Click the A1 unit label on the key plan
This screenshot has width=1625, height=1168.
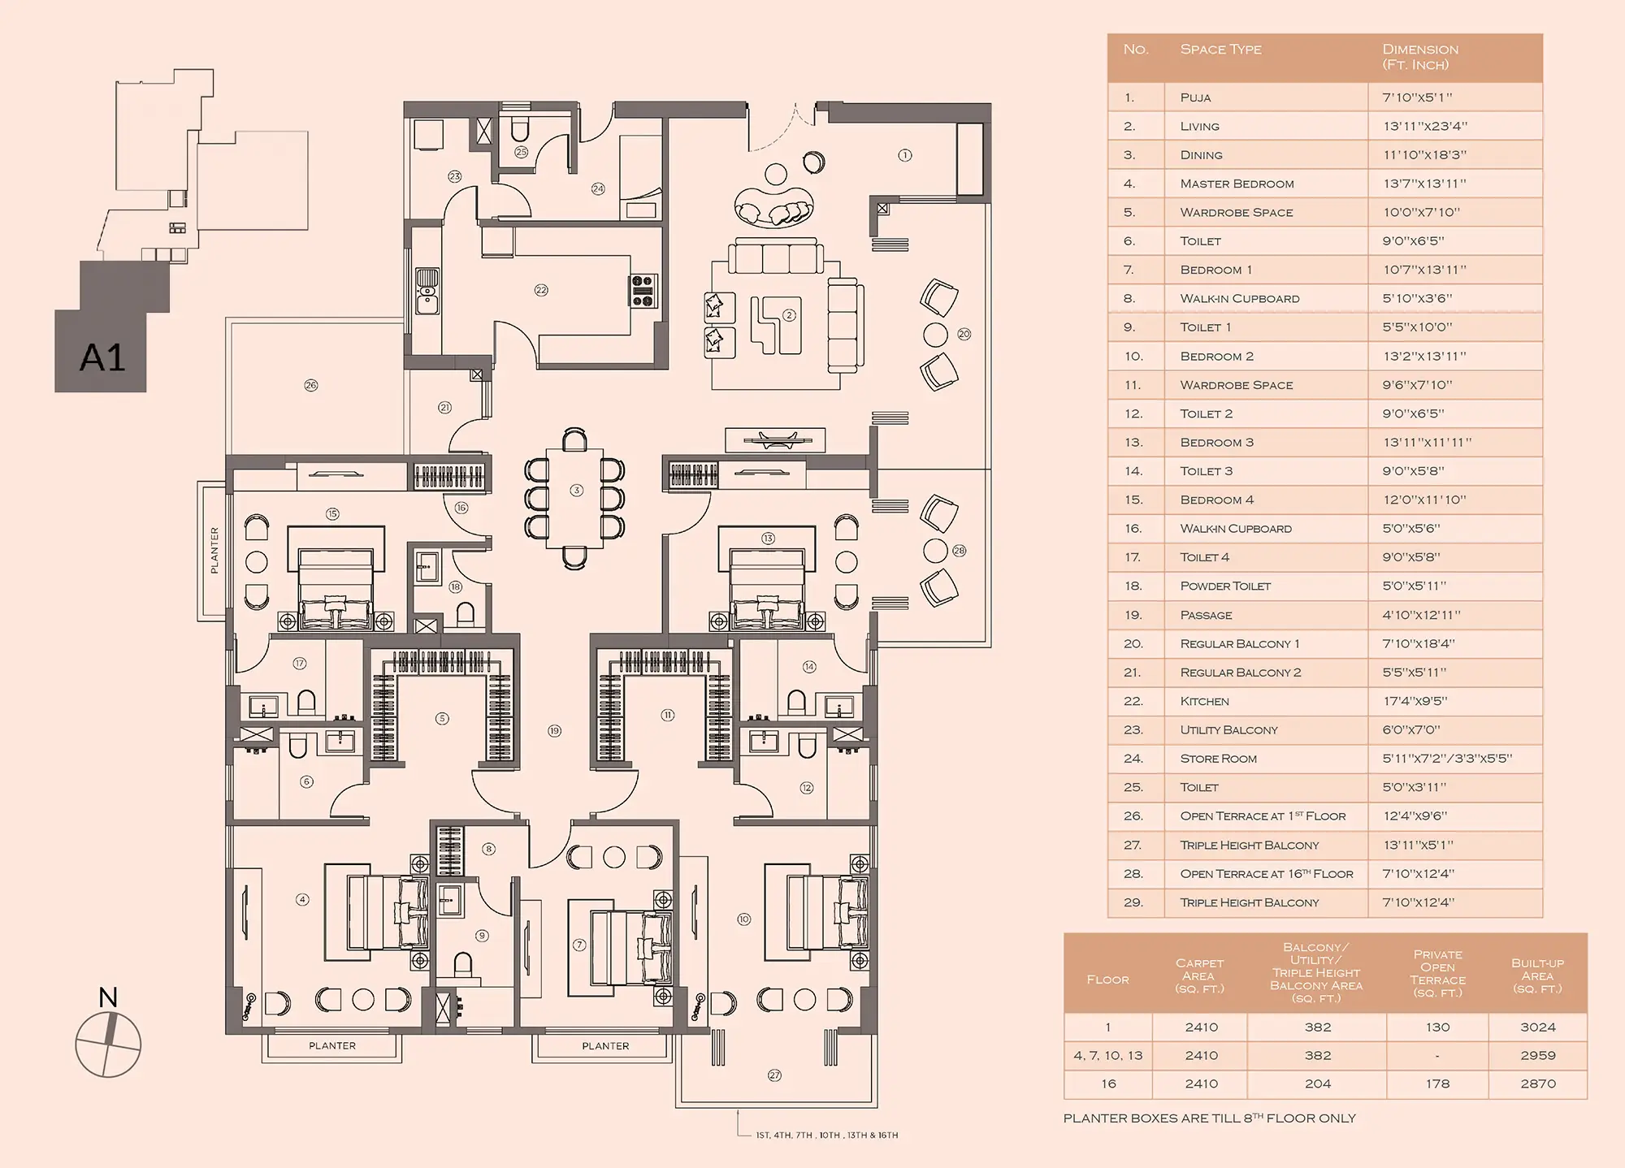point(102,357)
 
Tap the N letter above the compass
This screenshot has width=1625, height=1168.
point(108,997)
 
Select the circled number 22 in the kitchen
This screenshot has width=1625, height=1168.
point(541,290)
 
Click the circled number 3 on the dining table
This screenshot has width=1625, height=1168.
point(576,490)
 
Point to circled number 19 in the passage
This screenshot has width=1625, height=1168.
point(554,731)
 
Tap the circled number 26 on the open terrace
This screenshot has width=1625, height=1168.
point(310,385)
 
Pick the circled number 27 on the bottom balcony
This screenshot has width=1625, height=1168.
point(774,1075)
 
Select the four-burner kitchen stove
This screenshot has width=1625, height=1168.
point(643,291)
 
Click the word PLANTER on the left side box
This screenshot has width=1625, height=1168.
point(214,551)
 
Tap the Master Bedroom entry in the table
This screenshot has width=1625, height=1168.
point(1237,184)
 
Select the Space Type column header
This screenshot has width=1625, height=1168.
point(1220,50)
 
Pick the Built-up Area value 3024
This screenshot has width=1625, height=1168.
point(1537,1027)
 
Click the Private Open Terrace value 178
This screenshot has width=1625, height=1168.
point(1437,1084)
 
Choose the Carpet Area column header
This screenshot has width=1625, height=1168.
point(1199,975)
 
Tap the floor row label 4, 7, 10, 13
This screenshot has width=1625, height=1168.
point(1107,1055)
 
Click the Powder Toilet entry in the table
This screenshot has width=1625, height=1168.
point(1225,586)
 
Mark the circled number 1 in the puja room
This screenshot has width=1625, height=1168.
point(904,155)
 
